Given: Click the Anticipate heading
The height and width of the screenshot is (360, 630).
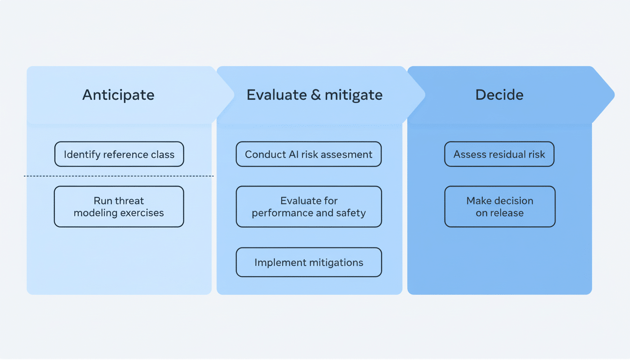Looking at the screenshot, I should pos(118,95).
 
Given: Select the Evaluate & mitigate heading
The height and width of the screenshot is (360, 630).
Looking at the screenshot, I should pos(315,95).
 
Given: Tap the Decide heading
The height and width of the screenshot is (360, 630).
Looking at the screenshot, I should pos(499,95).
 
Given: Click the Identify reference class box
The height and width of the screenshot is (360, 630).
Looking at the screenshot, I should pos(119,154).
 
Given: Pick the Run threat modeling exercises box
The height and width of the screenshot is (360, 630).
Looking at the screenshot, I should pos(119,207).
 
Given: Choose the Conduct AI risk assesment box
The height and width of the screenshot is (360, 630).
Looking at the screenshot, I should pos(308,154).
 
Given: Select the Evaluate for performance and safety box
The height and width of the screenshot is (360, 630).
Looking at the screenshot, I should pos(308,207).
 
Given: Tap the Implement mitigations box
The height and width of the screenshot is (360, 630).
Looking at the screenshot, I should pos(308,262).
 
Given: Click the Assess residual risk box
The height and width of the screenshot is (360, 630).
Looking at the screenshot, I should pos(499,154).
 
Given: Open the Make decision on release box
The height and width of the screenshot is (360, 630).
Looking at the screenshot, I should pos(500,207).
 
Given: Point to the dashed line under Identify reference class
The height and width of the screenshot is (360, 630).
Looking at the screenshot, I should pos(119,176).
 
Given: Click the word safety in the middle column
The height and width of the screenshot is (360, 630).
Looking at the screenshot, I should pos(352,213).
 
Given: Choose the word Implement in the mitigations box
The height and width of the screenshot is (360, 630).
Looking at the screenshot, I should pos(277,262).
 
